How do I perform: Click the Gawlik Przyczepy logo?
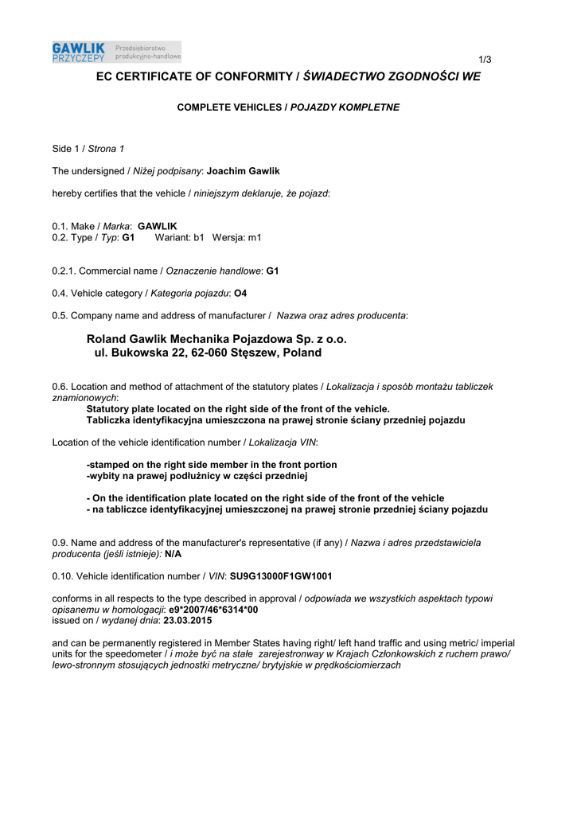pyautogui.click(x=116, y=53)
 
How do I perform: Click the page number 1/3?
pyautogui.click(x=485, y=60)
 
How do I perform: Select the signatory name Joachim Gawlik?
pyautogui.click(x=243, y=171)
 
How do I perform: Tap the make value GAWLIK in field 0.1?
pyautogui.click(x=158, y=226)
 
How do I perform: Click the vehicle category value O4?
pyautogui.click(x=240, y=293)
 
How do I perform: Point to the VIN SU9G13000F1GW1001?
pyautogui.click(x=281, y=575)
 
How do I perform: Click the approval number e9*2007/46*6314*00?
pyautogui.click(x=213, y=609)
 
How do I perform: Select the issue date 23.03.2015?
pyautogui.click(x=187, y=620)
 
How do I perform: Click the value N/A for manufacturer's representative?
pyautogui.click(x=173, y=553)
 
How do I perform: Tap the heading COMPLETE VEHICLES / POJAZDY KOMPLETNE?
pyautogui.click(x=288, y=107)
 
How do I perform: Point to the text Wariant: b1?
pyautogui.click(x=179, y=237)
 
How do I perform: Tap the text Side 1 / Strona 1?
pyautogui.click(x=88, y=149)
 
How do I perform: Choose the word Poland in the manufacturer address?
pyautogui.click(x=302, y=353)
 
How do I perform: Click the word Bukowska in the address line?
pyautogui.click(x=138, y=353)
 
